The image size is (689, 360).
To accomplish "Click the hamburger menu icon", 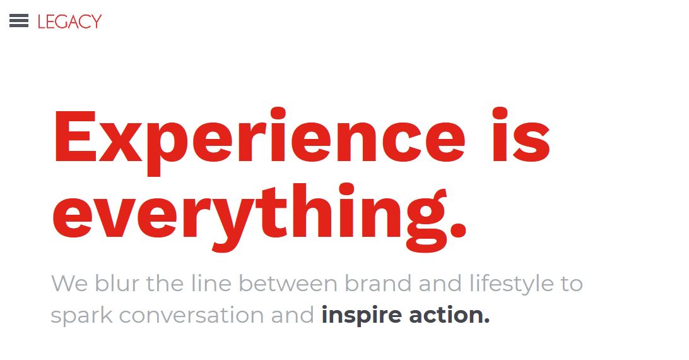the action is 19,21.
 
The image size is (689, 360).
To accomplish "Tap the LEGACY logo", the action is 69,21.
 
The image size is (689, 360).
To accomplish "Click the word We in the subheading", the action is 69,284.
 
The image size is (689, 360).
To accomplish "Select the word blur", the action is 117,283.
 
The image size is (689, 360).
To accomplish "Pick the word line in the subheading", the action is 211,283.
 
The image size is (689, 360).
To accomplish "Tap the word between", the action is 288,283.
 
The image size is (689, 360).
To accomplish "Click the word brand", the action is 378,283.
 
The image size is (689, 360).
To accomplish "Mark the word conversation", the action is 192,316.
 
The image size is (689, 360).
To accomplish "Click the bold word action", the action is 449,316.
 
